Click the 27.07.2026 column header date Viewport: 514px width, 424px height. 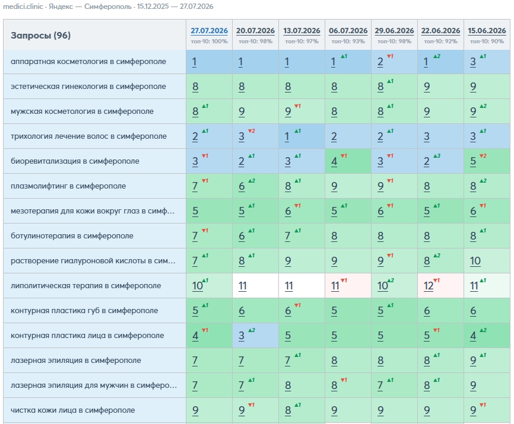coord(209,31)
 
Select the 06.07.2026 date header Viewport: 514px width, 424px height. coord(348,31)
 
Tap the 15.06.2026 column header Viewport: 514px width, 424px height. coord(487,31)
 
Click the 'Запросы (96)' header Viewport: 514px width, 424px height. coord(40,36)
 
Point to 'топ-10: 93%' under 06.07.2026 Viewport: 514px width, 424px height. coord(348,42)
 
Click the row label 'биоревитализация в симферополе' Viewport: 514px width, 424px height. coord(75,161)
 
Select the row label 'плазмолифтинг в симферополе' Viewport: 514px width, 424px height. coord(68,186)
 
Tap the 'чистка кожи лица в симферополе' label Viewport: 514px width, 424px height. coord(73,410)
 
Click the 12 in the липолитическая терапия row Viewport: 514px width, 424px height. coord(428,286)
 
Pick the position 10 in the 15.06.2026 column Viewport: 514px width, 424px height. coord(475,261)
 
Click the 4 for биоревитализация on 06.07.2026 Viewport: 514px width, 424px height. coord(334,161)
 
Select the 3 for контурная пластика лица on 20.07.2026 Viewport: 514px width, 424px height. coord(241,336)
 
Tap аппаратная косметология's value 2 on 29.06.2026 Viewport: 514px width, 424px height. coord(380,62)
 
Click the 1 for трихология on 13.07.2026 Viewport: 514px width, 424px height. coord(287,136)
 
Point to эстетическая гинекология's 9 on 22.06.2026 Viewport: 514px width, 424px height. coord(427,87)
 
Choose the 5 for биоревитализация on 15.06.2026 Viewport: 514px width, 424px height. coord(472,161)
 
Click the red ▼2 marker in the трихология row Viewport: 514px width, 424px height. coord(252,131)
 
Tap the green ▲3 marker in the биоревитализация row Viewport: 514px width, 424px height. coord(437,156)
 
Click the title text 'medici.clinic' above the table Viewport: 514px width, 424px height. coord(23,7)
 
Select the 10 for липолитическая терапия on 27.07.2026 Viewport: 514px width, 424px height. coord(197,286)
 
